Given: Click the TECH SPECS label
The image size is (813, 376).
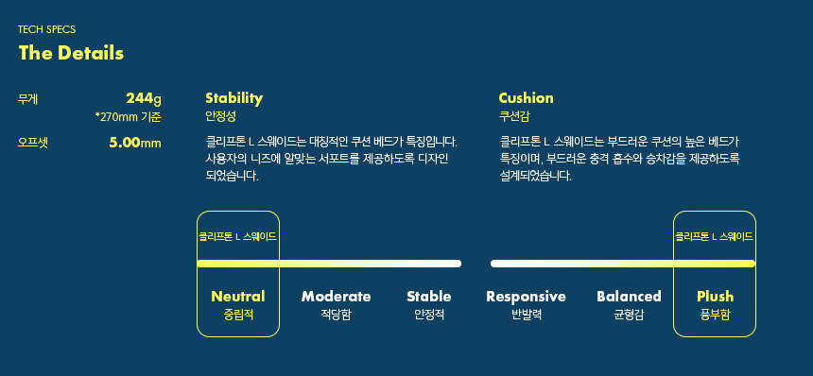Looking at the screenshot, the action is pyautogui.click(x=46, y=29).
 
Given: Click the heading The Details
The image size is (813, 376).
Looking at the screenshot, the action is pyautogui.click(x=71, y=53).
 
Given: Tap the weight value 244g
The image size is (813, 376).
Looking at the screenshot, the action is pyautogui.click(x=144, y=98).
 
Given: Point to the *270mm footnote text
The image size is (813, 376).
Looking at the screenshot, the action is pyautogui.click(x=129, y=117).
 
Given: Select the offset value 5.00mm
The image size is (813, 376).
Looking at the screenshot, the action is pyautogui.click(x=135, y=143).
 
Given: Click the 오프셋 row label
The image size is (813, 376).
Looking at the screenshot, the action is pyautogui.click(x=33, y=143).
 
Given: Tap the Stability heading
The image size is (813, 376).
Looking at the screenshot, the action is pyautogui.click(x=234, y=98).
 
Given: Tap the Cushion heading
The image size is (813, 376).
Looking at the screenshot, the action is pyautogui.click(x=526, y=98).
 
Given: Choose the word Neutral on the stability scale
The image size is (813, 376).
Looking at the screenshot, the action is pyautogui.click(x=238, y=297).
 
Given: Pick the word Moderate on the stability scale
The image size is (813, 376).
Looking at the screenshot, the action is pyautogui.click(x=336, y=297).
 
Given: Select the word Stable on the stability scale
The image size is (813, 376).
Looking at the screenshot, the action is pyautogui.click(x=429, y=297).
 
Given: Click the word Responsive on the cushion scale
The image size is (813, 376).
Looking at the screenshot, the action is pyautogui.click(x=526, y=297).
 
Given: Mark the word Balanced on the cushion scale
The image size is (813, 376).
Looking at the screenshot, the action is pyautogui.click(x=629, y=297).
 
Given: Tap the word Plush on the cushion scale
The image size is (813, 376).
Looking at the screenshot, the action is pyautogui.click(x=715, y=297).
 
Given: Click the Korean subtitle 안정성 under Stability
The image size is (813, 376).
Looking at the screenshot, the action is pyautogui.click(x=220, y=116).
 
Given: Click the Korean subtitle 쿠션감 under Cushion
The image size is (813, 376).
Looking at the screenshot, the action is pyautogui.click(x=514, y=116).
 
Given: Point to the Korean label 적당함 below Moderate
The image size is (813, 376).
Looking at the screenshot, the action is pyautogui.click(x=336, y=315).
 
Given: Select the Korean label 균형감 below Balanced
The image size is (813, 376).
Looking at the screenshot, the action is pyautogui.click(x=629, y=315).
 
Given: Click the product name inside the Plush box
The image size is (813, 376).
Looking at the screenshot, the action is pyautogui.click(x=714, y=237).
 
